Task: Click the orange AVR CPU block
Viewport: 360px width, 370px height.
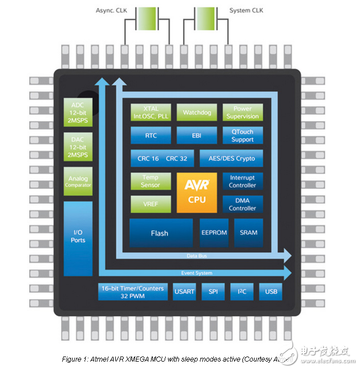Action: point(197,193)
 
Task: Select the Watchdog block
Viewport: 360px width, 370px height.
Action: point(197,113)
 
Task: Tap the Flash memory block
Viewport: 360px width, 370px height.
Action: point(160,233)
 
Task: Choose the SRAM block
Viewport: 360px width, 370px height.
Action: point(248,232)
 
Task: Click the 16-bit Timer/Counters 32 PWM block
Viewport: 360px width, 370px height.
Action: point(133,292)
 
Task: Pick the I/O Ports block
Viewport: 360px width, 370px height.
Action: point(78,236)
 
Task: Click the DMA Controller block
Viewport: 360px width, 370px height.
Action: point(242,204)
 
